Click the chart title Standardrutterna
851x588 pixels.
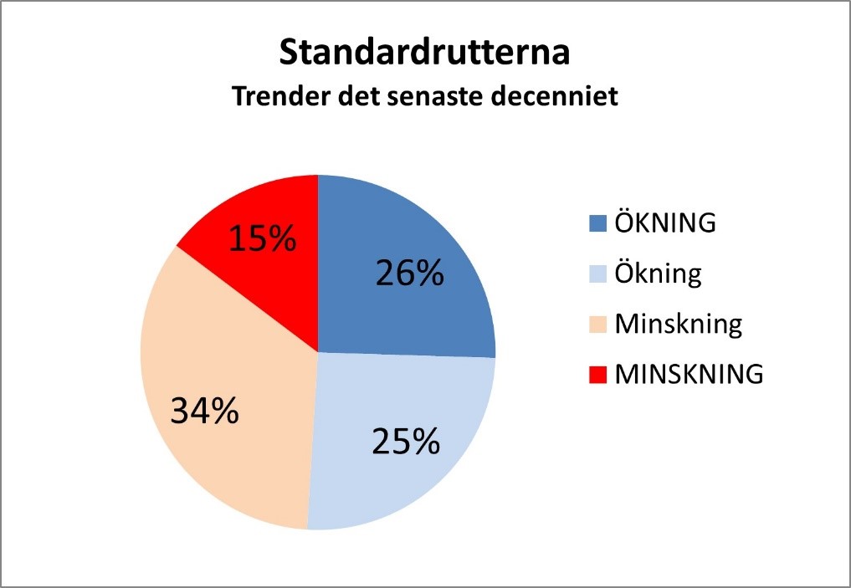(424, 52)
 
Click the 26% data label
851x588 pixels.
(410, 273)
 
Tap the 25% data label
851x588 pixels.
(406, 441)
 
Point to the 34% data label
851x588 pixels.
(205, 411)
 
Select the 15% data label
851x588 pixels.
(263, 238)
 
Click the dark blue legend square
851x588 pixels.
(597, 223)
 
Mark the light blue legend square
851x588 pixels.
(597, 274)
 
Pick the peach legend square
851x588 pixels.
(597, 325)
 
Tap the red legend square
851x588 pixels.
(597, 375)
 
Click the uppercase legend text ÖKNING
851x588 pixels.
(665, 222)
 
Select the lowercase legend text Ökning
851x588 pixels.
(658, 274)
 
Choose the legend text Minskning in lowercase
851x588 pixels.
(679, 325)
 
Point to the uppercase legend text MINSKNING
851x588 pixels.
(689, 374)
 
